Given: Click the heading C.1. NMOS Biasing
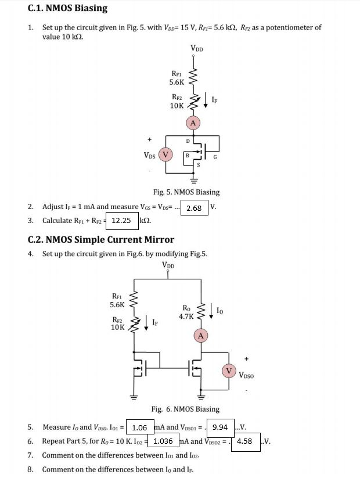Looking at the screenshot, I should point(67,8).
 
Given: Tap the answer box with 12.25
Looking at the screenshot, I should point(122,221).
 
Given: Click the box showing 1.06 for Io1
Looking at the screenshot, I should point(140,427).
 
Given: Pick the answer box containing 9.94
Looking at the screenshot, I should point(220,427).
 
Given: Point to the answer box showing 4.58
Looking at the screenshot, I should point(244,440).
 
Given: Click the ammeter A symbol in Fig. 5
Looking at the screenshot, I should point(193,123).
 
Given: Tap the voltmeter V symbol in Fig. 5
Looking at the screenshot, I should point(166,154).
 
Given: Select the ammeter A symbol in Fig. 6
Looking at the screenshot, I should point(201,336).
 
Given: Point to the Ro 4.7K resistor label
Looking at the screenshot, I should point(186,312).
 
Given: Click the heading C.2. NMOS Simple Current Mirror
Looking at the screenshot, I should point(101,239).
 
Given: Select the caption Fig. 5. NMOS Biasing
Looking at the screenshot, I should point(186,192).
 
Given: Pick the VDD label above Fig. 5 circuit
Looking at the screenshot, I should point(197,49).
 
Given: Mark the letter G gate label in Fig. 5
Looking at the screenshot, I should point(215,156).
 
